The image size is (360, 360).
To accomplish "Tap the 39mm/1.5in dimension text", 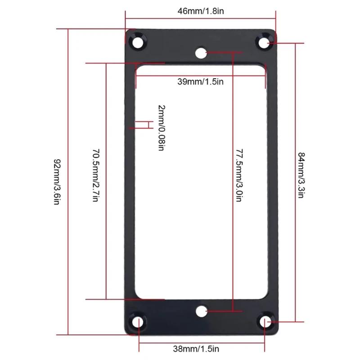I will point(200,82).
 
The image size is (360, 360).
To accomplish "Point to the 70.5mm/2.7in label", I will point(95,175).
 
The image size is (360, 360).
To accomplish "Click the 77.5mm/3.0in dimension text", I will point(239,175).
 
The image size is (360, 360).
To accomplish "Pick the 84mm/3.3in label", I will point(302,175).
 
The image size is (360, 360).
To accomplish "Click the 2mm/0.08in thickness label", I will point(161,127).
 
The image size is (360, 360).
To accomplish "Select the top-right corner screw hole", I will point(263,42).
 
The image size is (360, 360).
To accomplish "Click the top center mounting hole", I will point(200,53).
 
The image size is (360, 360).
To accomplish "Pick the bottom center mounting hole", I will point(202,311).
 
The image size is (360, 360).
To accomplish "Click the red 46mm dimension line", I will point(200,18).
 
